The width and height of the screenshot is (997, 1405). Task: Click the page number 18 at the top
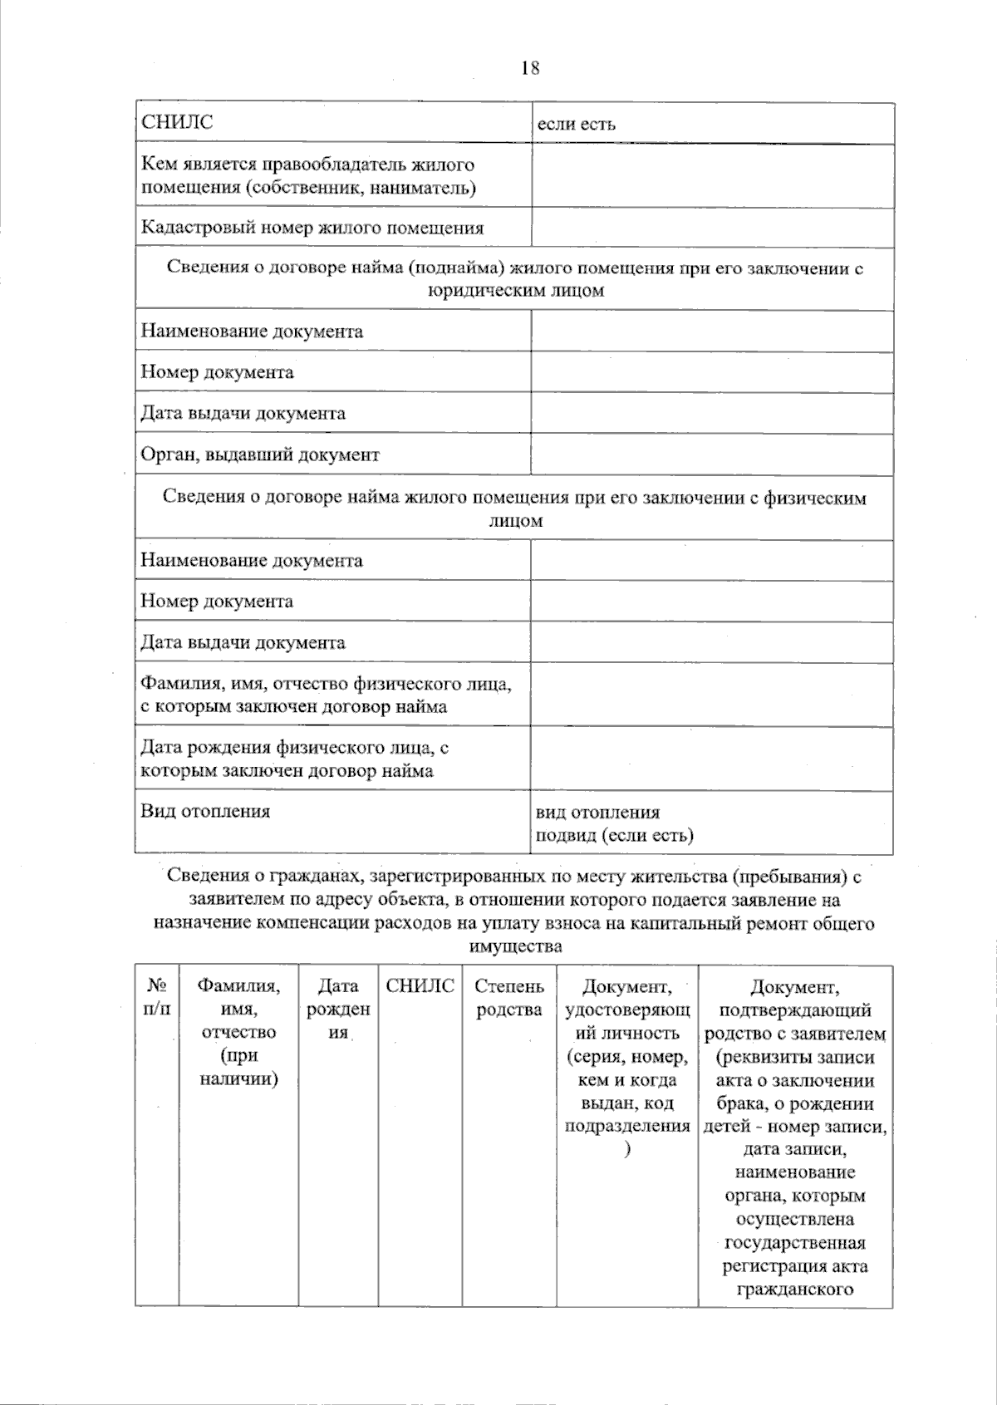tap(530, 69)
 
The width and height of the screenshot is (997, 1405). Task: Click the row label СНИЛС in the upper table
tap(177, 123)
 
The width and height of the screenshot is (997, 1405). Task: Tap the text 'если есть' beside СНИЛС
tap(576, 125)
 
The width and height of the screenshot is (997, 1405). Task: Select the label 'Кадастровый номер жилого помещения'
tap(312, 228)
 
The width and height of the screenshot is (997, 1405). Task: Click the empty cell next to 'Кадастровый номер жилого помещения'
tap(712, 228)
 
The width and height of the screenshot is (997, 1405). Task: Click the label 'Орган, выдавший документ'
tap(259, 455)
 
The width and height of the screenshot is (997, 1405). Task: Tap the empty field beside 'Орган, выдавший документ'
tap(712, 454)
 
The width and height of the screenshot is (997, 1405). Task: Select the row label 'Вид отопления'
tap(205, 812)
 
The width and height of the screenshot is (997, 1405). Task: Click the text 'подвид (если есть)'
tap(614, 836)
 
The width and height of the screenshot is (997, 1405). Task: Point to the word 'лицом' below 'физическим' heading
tap(515, 522)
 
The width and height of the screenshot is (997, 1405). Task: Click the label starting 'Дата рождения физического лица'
tap(295, 759)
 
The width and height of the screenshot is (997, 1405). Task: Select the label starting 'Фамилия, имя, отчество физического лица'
tap(325, 695)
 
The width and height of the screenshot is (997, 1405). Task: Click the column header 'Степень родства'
tap(509, 998)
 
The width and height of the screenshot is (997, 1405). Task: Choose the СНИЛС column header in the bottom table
tap(420, 987)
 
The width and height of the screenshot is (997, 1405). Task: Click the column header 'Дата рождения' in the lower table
tap(338, 1010)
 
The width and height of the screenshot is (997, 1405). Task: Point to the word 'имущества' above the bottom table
tap(515, 946)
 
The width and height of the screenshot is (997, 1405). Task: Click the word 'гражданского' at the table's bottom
tap(795, 1290)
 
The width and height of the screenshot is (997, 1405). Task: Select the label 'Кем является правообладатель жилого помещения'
tap(308, 176)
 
